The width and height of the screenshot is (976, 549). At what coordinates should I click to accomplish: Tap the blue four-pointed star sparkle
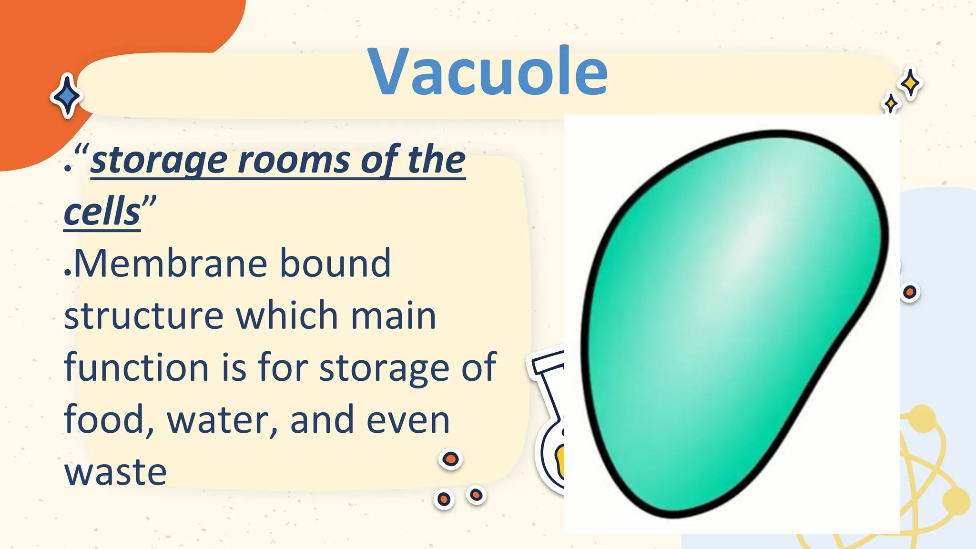(x=67, y=96)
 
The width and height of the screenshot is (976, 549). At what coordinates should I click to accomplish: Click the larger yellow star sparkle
(x=911, y=83)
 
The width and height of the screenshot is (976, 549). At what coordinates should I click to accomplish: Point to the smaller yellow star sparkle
(x=890, y=103)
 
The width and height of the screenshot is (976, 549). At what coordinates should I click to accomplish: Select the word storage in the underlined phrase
(x=159, y=161)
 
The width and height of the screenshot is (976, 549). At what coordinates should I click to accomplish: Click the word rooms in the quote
(x=294, y=161)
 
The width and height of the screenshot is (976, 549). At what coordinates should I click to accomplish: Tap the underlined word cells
(x=102, y=213)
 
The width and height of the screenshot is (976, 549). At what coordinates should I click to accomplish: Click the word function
(x=136, y=368)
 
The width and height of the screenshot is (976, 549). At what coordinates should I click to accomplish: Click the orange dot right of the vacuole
(x=910, y=292)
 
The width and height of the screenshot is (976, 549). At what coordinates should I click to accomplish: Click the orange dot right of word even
(x=450, y=459)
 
